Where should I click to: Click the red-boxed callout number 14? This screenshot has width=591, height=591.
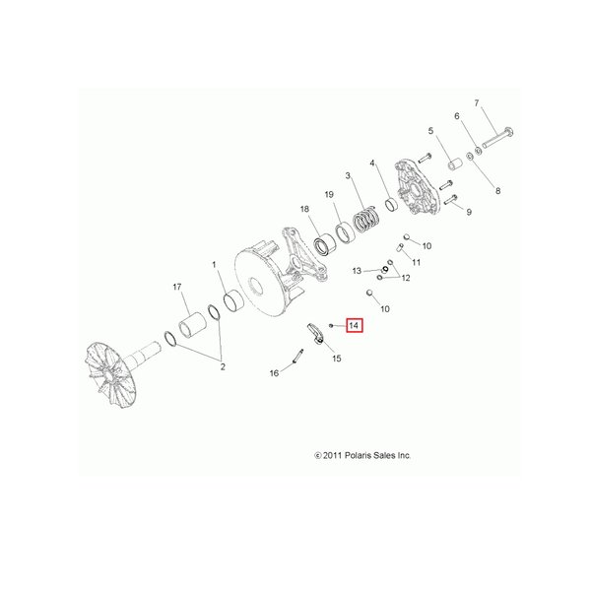355,325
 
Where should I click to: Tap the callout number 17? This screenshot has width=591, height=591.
177,287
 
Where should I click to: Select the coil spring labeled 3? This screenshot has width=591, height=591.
366,219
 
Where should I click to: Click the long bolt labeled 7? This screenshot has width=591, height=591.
497,137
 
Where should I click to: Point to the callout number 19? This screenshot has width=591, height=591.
329,194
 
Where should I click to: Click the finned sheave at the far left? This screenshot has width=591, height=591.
110,373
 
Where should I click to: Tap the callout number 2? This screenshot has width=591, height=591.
223,366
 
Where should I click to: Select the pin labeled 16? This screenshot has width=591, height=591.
297,357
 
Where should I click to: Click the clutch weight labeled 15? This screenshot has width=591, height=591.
315,333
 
